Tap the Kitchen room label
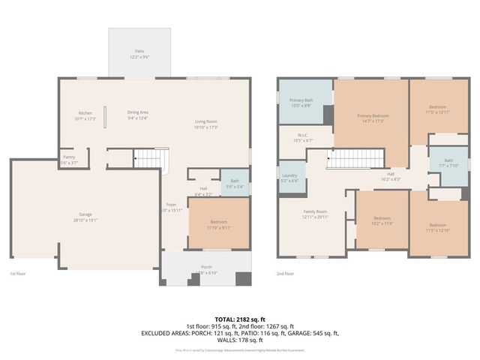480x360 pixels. tap(85, 116)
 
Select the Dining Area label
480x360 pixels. tap(137, 115)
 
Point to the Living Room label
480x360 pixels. tap(206, 124)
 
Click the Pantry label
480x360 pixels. tap(69, 160)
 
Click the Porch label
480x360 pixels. tap(206, 269)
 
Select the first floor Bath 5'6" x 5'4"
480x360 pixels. tap(235, 184)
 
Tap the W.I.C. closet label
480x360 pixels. tap(302, 138)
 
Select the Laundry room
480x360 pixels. tap(289, 178)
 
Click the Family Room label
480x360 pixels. tap(315, 214)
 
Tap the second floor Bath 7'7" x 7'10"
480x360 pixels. tap(448, 163)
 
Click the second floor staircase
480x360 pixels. tap(349, 158)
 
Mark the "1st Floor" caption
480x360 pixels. tap(19, 274)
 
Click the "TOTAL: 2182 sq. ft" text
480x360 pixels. tap(239, 319)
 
